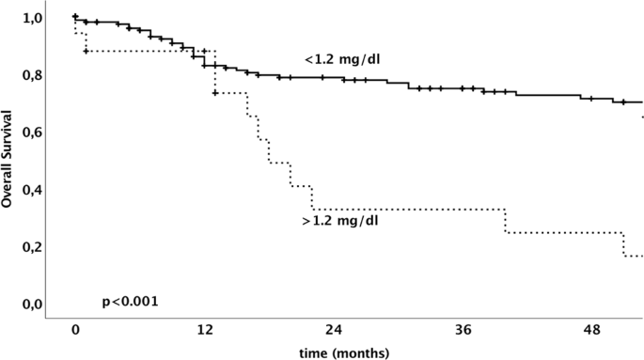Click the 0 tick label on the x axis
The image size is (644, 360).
click(75, 332)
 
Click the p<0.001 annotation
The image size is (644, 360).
click(130, 302)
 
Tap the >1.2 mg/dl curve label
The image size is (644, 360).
click(340, 222)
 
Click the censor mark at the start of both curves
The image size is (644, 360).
click(75, 17)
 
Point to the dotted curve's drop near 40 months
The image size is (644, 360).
click(506, 221)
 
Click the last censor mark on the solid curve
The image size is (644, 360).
click(622, 102)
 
